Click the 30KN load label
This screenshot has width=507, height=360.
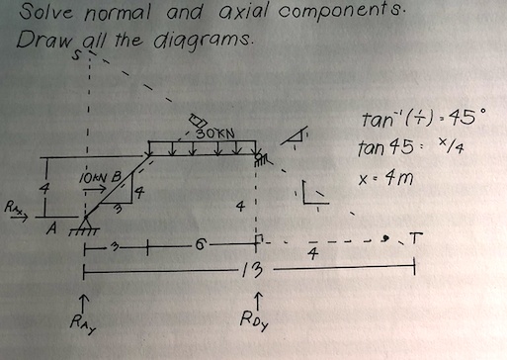tap(215, 133)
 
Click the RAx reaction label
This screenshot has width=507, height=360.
tap(14, 208)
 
